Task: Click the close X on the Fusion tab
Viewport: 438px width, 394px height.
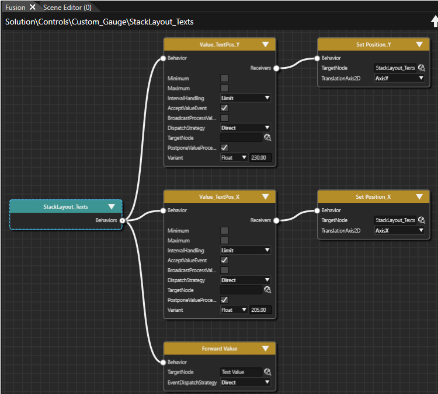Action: (x=33, y=7)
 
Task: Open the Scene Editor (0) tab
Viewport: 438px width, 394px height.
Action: (x=67, y=8)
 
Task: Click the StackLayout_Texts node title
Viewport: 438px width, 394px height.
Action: (x=65, y=207)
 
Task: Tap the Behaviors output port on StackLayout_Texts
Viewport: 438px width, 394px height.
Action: (x=123, y=220)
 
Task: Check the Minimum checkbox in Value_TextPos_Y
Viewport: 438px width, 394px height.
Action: (x=224, y=78)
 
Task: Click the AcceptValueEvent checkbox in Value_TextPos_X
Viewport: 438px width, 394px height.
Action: (x=224, y=260)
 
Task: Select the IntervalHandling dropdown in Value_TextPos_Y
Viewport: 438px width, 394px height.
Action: (x=245, y=98)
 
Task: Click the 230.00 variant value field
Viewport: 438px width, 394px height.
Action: (x=260, y=157)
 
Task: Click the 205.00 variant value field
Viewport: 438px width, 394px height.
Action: (x=260, y=310)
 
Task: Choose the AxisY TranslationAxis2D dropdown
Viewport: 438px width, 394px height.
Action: (x=399, y=78)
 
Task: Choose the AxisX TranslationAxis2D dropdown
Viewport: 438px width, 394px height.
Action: (x=399, y=231)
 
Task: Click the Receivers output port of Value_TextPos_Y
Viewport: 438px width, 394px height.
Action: (x=276, y=68)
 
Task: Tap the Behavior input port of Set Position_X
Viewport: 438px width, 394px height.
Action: (x=317, y=210)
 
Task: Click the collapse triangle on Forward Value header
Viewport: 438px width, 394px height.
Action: (x=265, y=349)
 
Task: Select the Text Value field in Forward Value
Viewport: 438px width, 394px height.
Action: (x=241, y=372)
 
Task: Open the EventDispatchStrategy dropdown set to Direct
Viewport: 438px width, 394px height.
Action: (x=245, y=382)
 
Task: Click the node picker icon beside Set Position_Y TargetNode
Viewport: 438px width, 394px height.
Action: (x=422, y=68)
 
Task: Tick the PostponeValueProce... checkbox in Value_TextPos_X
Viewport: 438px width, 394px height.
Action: (x=224, y=300)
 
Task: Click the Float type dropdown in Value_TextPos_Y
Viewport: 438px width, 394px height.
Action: (x=234, y=157)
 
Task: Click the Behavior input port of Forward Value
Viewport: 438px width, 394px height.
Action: (x=164, y=362)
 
